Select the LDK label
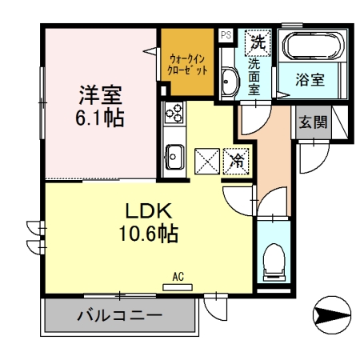pos(146,212)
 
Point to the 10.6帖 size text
pos(146,236)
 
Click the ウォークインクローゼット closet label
pos(189,64)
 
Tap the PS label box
pos(226,35)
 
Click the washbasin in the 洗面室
pos(229,81)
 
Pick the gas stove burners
pos(174,114)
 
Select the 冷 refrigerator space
pos(238,160)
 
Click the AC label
pos(178,277)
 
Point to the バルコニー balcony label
pos(120,315)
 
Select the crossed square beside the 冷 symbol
pos(206,160)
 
